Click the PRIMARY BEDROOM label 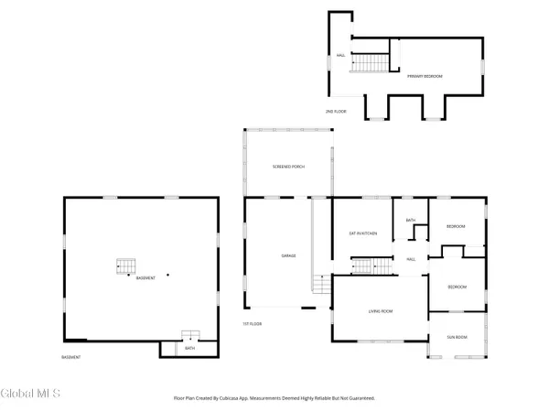425,76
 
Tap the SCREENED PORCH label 289,167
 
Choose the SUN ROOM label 457,337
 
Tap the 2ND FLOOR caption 336,111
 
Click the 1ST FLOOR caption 253,323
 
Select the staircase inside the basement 124,267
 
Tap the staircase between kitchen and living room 367,266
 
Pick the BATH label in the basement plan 189,349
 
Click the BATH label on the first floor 411,221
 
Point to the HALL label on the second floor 340,55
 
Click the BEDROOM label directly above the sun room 457,287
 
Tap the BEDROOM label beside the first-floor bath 455,226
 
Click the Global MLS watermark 31,394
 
